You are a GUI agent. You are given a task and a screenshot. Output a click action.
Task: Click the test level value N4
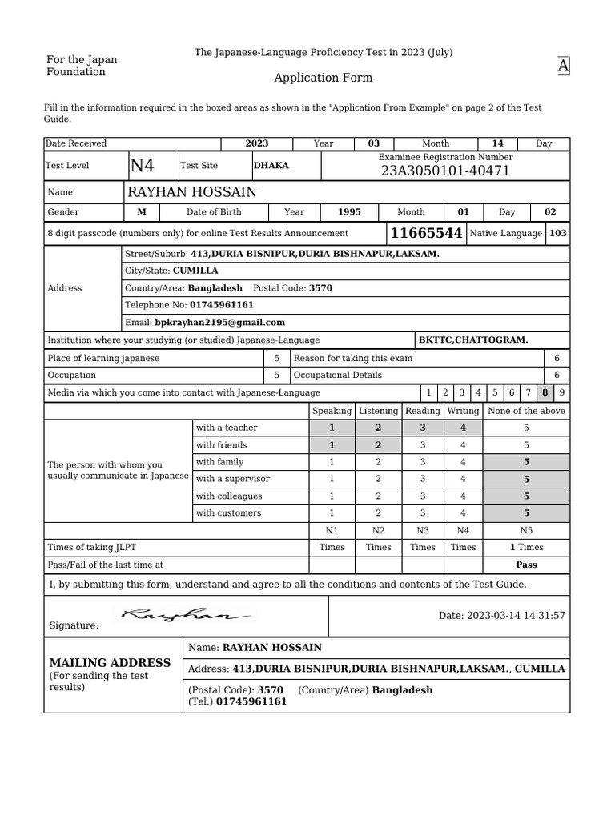142,166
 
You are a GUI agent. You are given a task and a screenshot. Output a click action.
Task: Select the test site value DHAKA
271,166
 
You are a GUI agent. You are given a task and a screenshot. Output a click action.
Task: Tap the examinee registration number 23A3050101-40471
445,171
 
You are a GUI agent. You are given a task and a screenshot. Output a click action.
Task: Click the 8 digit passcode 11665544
425,233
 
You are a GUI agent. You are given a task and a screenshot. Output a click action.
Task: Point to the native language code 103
558,233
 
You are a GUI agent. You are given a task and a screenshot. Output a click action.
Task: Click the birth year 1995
349,212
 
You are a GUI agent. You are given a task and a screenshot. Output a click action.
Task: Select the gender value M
142,212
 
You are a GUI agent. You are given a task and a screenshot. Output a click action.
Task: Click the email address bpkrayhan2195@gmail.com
219,322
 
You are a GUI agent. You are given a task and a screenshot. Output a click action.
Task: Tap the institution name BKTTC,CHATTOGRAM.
473,340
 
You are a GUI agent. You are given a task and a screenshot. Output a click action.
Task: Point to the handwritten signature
186,615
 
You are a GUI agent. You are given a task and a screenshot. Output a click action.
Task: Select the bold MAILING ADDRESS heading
110,663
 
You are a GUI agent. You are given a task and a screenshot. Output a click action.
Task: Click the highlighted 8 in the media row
545,392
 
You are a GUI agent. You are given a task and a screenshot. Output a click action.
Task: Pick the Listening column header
378,411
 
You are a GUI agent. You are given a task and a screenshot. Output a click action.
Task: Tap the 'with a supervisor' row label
232,479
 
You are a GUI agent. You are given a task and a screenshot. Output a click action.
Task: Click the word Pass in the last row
526,565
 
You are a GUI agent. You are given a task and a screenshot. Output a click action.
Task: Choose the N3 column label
423,530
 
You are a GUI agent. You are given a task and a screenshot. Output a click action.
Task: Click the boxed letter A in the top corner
564,66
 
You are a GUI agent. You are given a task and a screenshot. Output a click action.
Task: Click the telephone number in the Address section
222,305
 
